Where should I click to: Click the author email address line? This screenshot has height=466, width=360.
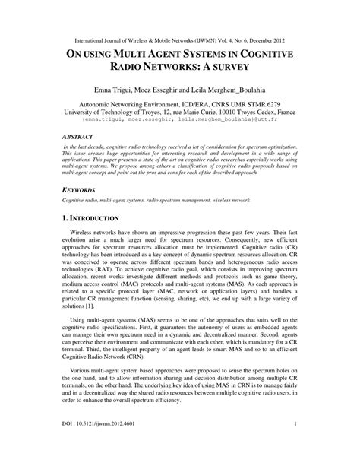[x=180, y=119]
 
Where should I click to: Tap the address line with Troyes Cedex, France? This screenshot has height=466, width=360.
[x=180, y=111]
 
